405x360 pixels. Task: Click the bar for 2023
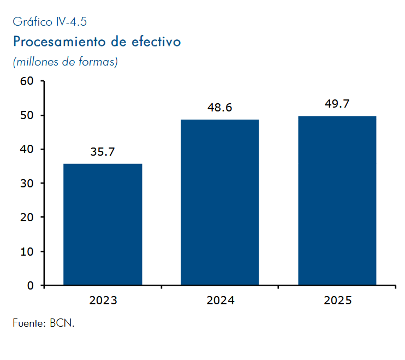coord(103,225)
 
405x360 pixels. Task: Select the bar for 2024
coord(220,202)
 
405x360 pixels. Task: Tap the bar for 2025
coord(337,200)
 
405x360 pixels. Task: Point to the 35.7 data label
coord(103,152)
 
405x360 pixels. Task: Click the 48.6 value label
coord(220,108)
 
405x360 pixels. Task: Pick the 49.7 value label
coord(337,104)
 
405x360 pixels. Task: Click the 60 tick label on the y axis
coord(27,81)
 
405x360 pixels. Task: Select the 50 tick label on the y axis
coord(27,115)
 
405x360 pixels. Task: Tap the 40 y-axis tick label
coord(27,149)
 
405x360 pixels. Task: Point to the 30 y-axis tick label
coord(27,184)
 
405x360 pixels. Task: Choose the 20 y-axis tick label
coord(27,217)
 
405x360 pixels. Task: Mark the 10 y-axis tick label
coord(27,251)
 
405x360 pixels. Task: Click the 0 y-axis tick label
coord(31,286)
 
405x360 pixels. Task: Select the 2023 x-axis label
coord(103,300)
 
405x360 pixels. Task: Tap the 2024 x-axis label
coord(221,300)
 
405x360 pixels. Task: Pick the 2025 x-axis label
coord(337,300)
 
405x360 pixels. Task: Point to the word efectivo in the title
coord(156,42)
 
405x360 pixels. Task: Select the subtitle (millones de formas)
coord(65,62)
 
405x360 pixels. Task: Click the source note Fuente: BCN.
coord(44,323)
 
